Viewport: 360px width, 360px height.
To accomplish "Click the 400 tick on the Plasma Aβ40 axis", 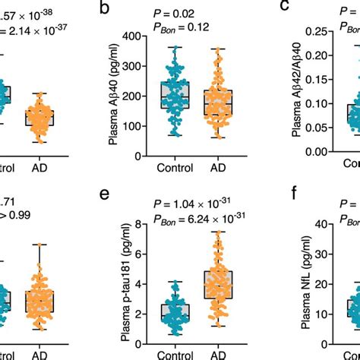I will [x=131, y=36].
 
